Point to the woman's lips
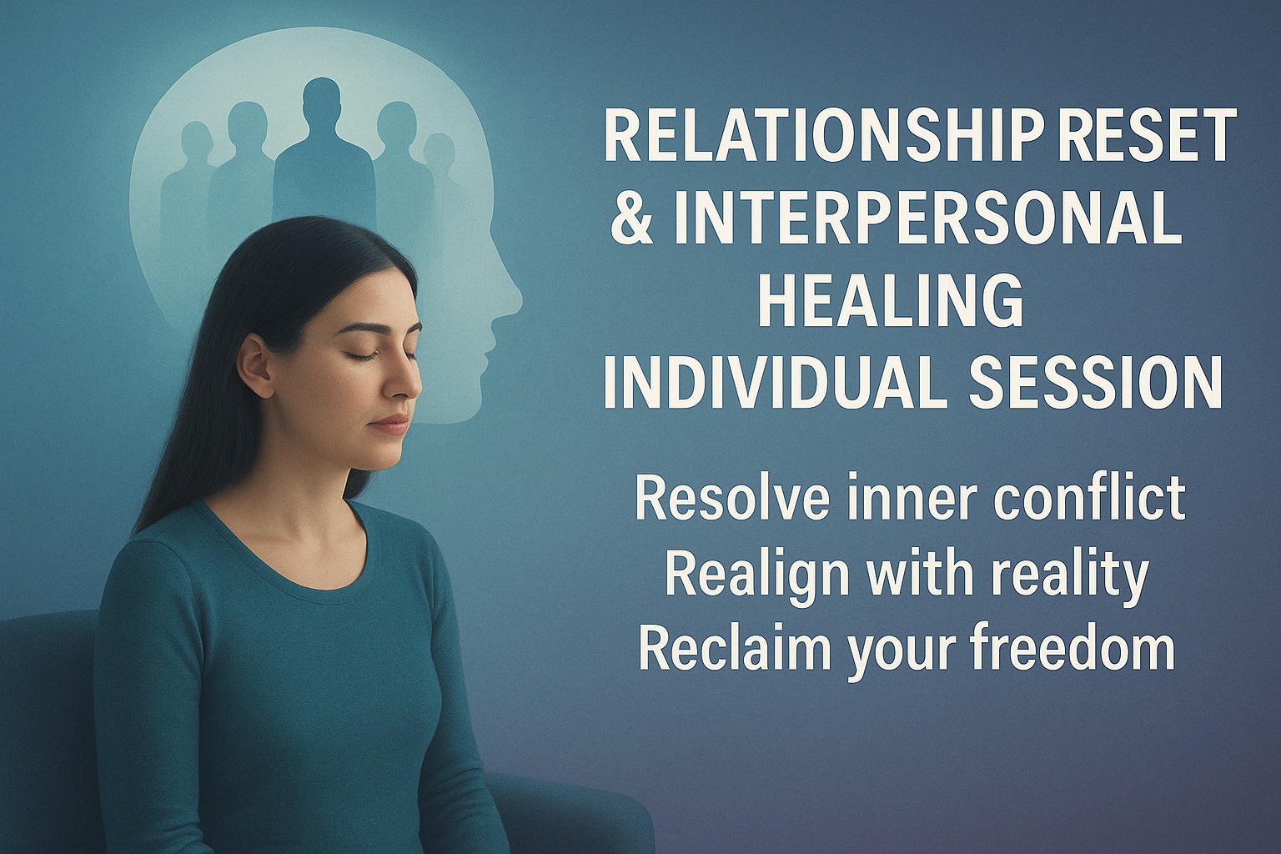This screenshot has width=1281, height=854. click(x=391, y=424)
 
